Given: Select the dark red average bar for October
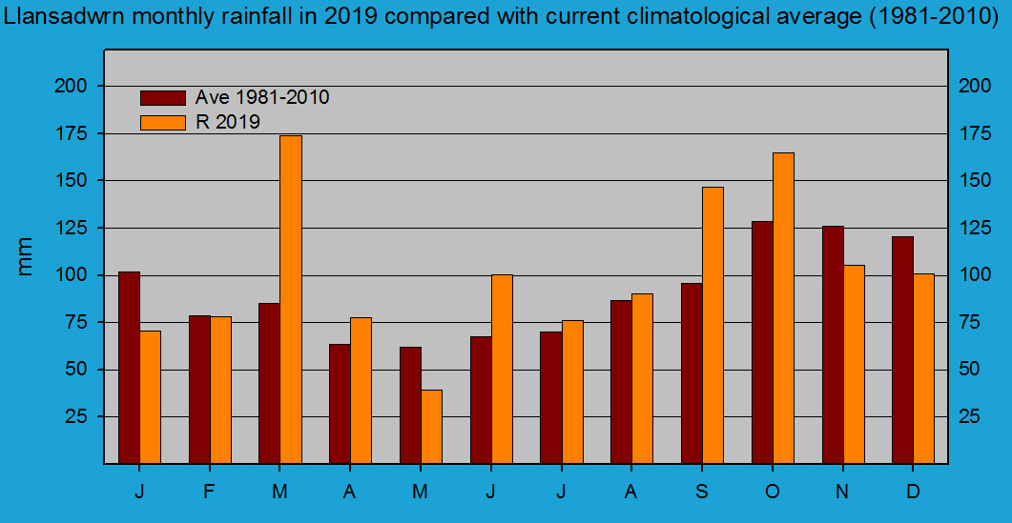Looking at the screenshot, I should point(762,342).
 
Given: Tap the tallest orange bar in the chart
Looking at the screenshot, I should point(290,299).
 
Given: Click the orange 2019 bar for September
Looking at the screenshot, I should point(713,325).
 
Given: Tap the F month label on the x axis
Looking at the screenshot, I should point(210,492).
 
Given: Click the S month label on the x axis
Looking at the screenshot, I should point(702,492).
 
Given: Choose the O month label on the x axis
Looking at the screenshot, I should point(773,492).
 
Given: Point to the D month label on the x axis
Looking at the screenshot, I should point(913,492).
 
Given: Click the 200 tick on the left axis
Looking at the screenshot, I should point(72,87).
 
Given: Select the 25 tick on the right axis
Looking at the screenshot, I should point(969,416).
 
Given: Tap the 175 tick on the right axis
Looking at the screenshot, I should point(975,133).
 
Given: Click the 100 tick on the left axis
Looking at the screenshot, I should point(72,275).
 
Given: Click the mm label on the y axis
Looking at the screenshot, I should point(26,256).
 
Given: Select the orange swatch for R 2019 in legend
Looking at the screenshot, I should point(163,122).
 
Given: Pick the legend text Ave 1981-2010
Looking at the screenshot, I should point(262,97).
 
